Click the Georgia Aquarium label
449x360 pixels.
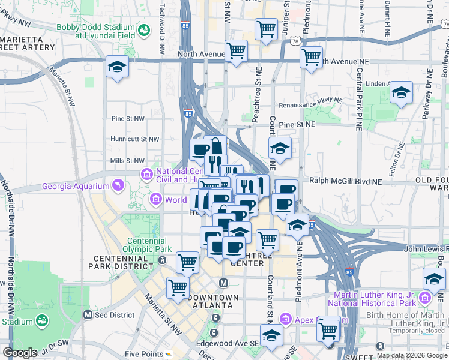[74, 186]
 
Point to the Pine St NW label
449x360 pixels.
[127, 119]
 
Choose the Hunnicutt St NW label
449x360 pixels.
[134, 139]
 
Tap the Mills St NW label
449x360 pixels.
[127, 161]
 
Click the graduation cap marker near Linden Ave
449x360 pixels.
[401, 93]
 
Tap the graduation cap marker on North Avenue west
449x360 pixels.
[117, 68]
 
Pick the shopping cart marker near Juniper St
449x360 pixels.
[265, 29]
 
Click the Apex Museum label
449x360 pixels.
[312, 320]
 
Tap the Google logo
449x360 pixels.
[20, 353]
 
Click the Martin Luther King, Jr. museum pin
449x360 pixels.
[425, 298]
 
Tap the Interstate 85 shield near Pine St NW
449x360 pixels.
[188, 113]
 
